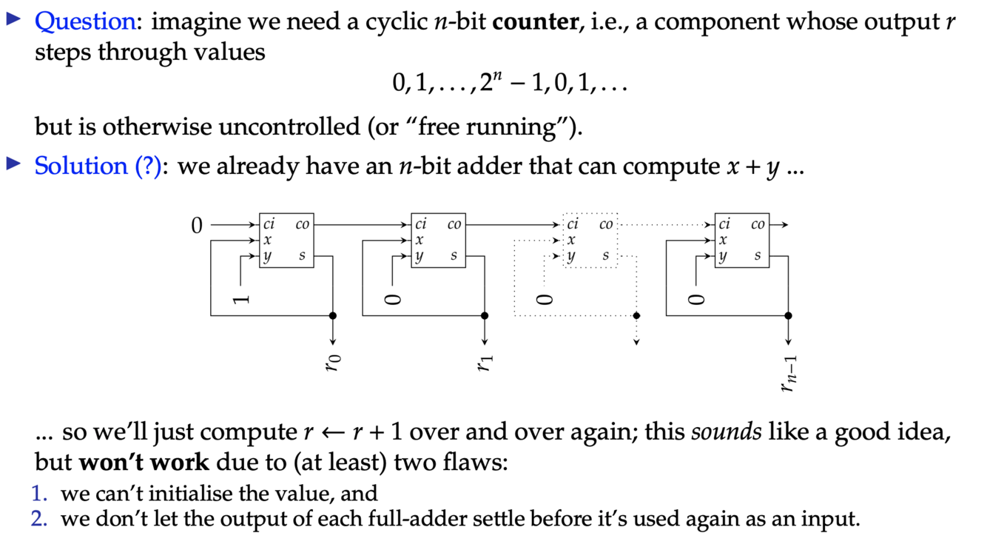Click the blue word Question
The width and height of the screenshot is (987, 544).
point(85,21)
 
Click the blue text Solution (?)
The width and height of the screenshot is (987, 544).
point(98,166)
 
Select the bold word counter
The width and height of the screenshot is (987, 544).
point(534,21)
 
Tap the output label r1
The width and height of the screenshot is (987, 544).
point(485,362)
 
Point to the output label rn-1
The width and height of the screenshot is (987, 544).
point(789,375)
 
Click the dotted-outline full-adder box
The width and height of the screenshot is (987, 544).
point(590,241)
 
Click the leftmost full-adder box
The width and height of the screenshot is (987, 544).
point(286,241)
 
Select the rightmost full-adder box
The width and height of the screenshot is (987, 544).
point(741,241)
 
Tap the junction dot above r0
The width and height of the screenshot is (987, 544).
point(333,316)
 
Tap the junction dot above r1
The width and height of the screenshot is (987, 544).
point(485,316)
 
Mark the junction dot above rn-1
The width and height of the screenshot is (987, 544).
point(789,316)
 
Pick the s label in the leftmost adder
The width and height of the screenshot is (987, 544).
point(303,256)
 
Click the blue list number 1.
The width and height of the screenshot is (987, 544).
point(38,494)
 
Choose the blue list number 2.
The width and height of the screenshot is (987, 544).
point(38,519)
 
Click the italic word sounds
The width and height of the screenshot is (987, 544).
point(726,431)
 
